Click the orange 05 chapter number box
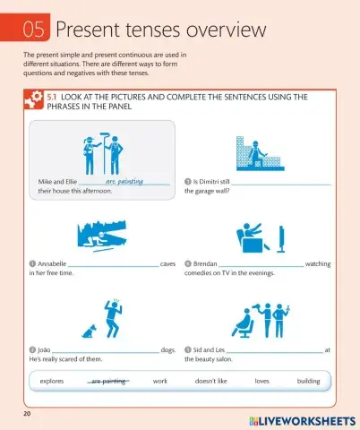pyautogui.click(x=34, y=30)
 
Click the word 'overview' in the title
pyautogui.click(x=219, y=30)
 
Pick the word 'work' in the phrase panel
pyautogui.click(x=160, y=381)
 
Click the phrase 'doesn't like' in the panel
pyautogui.click(x=210, y=381)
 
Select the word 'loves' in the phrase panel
pyautogui.click(x=261, y=381)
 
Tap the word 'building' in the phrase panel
pyautogui.click(x=308, y=381)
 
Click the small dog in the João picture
pyautogui.click(x=90, y=331)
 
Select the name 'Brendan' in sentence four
pyautogui.click(x=206, y=264)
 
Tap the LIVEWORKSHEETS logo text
pyautogui.click(x=300, y=418)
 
